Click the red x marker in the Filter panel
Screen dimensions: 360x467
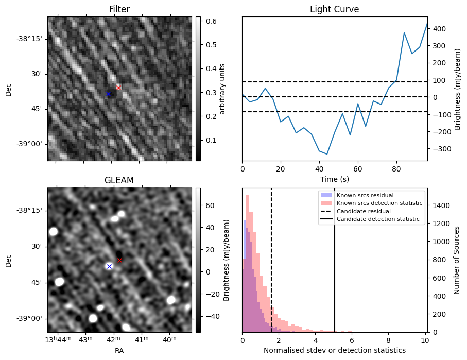(118, 88)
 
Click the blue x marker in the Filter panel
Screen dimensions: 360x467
(108, 94)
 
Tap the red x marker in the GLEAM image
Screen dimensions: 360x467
(119, 260)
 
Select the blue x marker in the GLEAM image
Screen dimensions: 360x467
(109, 266)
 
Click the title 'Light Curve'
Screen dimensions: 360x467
(334, 9)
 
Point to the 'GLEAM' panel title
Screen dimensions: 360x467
(119, 180)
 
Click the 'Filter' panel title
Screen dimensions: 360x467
(119, 9)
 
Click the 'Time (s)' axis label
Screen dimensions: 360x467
(334, 179)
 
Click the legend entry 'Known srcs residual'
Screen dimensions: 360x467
(365, 195)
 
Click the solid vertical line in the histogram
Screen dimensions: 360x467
(335, 268)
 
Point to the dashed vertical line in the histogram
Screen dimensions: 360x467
(271, 268)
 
